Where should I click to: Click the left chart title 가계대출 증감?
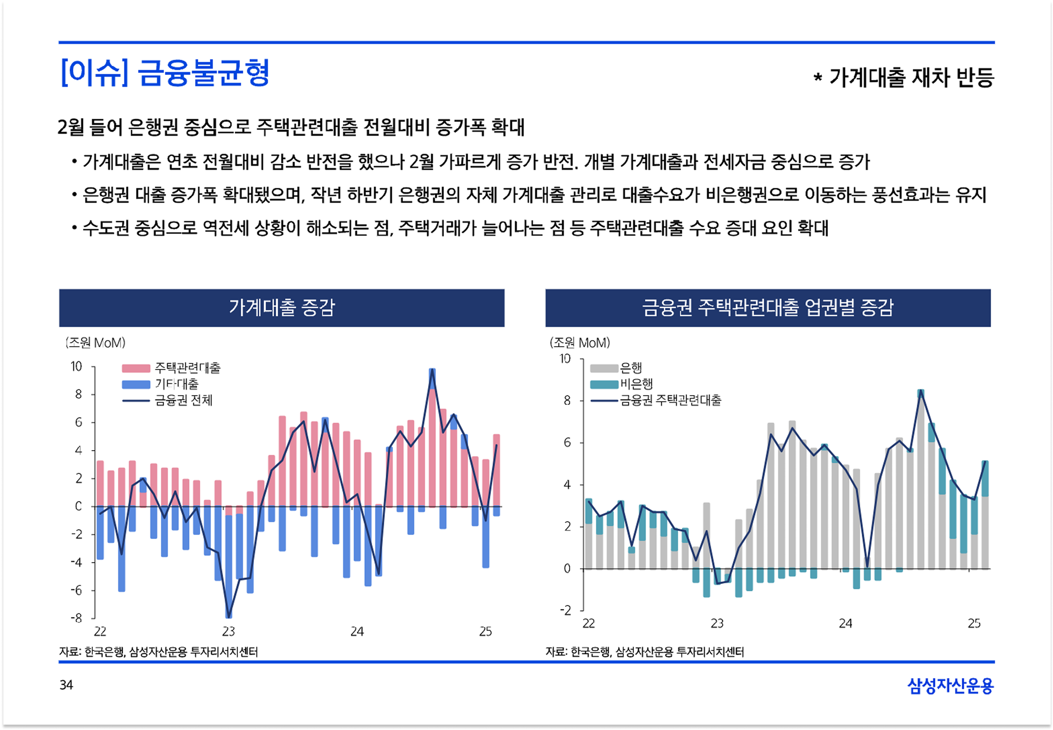pyautogui.click(x=282, y=307)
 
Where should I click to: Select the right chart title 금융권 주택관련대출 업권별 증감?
pyautogui.click(x=768, y=307)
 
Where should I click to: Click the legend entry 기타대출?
pyautogui.click(x=177, y=384)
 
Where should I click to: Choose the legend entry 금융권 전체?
pyautogui.click(x=183, y=400)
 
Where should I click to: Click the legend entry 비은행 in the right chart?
pyautogui.click(x=636, y=384)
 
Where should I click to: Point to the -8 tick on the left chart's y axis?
pyautogui.click(x=77, y=618)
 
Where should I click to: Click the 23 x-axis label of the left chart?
pyautogui.click(x=229, y=632)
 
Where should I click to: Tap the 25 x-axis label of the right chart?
pyautogui.click(x=974, y=623)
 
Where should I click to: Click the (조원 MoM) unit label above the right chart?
pyautogui.click(x=580, y=343)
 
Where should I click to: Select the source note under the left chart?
pyautogui.click(x=158, y=652)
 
